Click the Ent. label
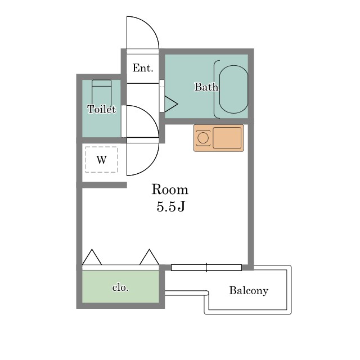(x=143, y=68)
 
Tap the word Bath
(x=206, y=87)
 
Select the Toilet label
(x=101, y=109)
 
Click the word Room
(x=170, y=190)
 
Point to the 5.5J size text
(x=170, y=206)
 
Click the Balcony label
(x=249, y=290)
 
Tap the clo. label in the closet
(x=120, y=287)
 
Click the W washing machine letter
(x=101, y=160)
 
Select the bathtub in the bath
(x=233, y=89)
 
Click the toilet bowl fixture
(x=101, y=93)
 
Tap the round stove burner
(x=203, y=138)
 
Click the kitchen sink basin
(x=227, y=138)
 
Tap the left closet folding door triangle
(x=92, y=257)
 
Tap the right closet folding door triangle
(x=149, y=257)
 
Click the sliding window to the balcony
(x=206, y=268)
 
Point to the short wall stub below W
(x=104, y=185)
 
